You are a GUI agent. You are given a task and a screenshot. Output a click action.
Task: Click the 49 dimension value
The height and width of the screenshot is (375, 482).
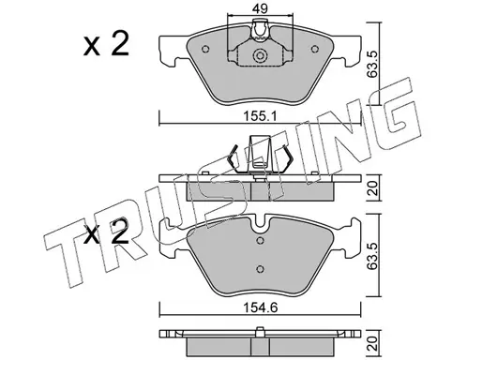[x=260, y=8]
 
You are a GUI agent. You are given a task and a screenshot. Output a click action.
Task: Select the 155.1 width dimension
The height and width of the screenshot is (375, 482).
[x=261, y=117]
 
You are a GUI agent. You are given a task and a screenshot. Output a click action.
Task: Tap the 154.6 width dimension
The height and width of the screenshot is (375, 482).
[x=261, y=308]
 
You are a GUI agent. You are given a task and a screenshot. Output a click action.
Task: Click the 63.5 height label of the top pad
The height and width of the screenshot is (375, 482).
[x=374, y=64]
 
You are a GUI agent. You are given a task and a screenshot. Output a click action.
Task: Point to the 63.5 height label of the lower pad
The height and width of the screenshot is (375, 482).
[x=374, y=255]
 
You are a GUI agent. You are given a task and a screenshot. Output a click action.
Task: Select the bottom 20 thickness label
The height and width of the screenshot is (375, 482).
[x=374, y=343]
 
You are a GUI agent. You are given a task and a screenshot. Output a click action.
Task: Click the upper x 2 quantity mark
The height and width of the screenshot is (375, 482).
[x=106, y=44]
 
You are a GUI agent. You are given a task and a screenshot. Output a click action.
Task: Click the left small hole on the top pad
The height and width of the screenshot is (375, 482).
[x=205, y=49]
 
